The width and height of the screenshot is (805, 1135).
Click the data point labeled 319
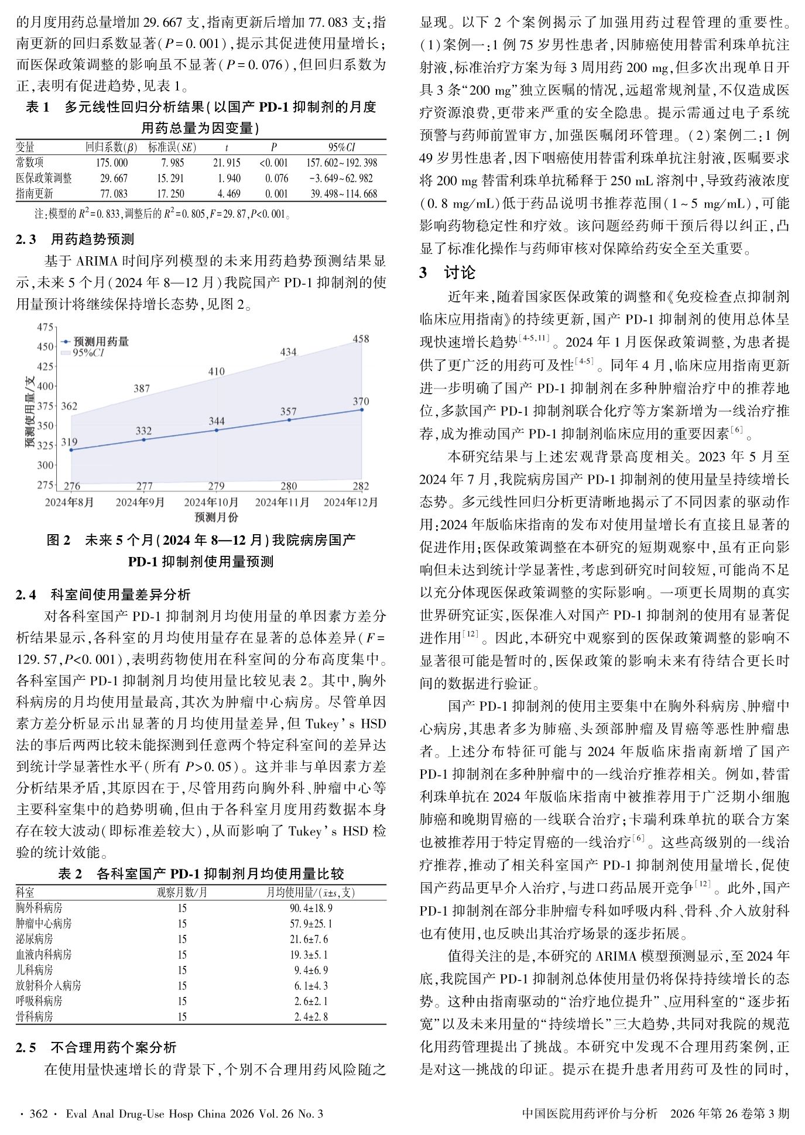(71, 449)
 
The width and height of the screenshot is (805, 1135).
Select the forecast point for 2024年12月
(362, 410)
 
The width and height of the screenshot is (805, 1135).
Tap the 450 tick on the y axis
(45, 346)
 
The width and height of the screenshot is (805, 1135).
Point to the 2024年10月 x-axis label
(211, 502)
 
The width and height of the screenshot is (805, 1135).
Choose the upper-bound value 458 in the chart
(361, 338)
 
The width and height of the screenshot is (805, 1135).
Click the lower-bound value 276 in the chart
(72, 486)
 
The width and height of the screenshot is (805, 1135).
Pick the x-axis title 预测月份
(216, 517)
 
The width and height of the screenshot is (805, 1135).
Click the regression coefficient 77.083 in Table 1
(114, 194)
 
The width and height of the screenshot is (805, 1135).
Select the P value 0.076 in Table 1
(276, 178)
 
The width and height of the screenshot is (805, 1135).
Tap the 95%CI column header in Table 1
(341, 147)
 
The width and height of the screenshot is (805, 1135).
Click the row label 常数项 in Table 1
(30, 163)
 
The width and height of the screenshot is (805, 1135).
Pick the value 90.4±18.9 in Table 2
(311, 908)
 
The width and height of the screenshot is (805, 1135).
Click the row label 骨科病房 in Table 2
(35, 1016)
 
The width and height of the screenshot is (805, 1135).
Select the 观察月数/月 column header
(182, 892)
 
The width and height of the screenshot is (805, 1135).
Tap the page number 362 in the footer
(38, 1113)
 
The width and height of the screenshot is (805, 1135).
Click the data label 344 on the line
(217, 421)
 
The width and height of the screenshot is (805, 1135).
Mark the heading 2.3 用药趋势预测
(75, 239)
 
